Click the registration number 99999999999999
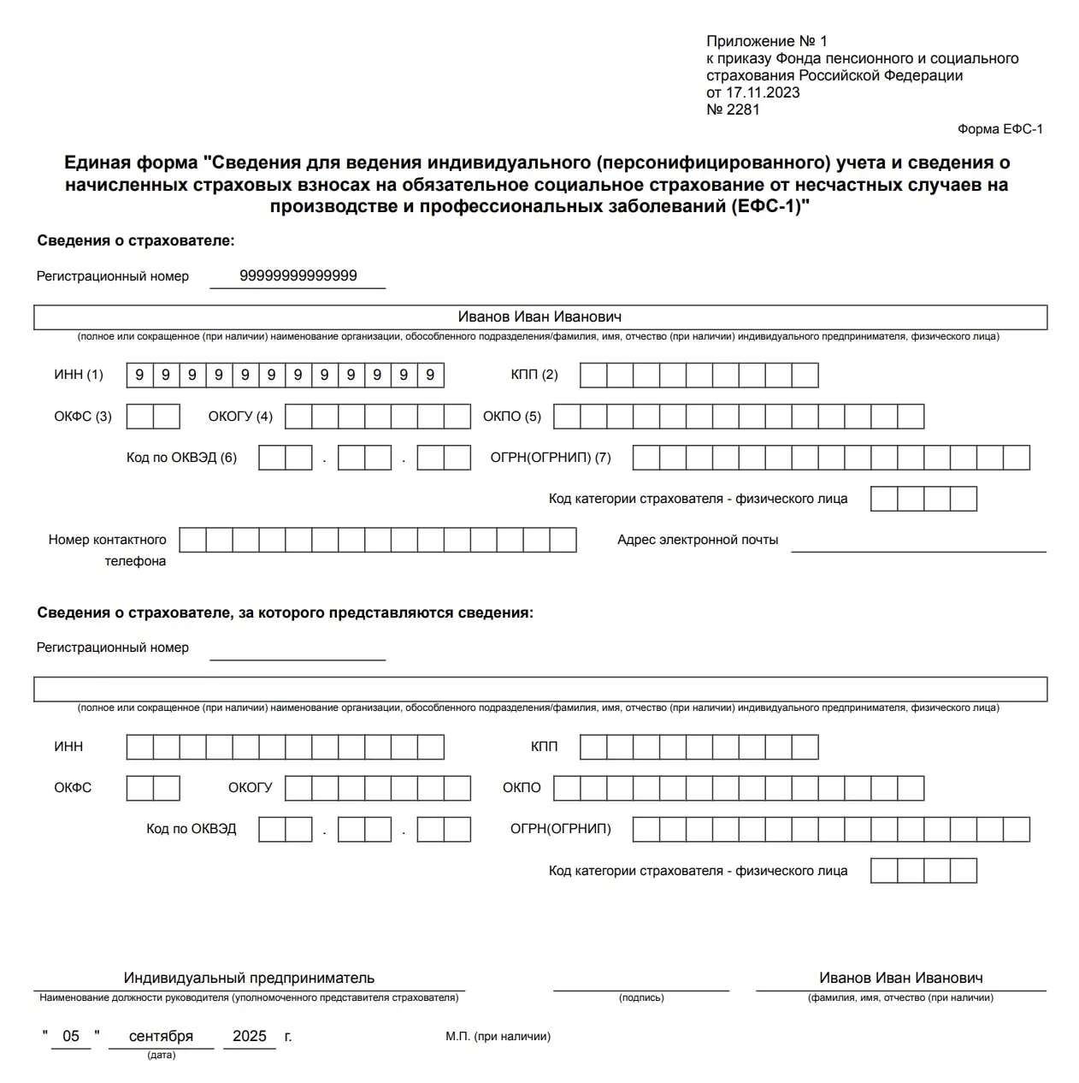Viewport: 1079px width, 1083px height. pyautogui.click(x=298, y=275)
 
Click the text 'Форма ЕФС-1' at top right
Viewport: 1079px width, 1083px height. pyautogui.click(x=999, y=129)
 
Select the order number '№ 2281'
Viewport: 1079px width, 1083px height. pyautogui.click(x=733, y=109)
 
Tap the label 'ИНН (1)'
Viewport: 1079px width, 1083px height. pyautogui.click(x=79, y=375)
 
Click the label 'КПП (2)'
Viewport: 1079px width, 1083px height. pyautogui.click(x=534, y=375)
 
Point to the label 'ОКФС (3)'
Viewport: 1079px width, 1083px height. pyautogui.click(x=83, y=417)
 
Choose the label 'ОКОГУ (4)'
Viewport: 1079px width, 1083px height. pyautogui.click(x=240, y=417)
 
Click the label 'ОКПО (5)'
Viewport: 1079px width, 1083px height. pyautogui.click(x=512, y=417)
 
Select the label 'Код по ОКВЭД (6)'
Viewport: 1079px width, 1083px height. pyautogui.click(x=181, y=458)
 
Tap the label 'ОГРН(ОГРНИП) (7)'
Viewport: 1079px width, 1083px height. pyautogui.click(x=551, y=458)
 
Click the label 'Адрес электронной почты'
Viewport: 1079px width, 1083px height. pyautogui.click(x=698, y=540)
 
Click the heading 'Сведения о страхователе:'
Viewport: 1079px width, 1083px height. pyautogui.click(x=136, y=240)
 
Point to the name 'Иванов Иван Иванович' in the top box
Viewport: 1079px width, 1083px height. pyautogui.click(x=539, y=317)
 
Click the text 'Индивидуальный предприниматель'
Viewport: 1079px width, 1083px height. pyautogui.click(x=249, y=978)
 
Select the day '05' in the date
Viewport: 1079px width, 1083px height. pyautogui.click(x=71, y=1036)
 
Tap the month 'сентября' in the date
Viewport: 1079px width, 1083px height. pyautogui.click(x=161, y=1036)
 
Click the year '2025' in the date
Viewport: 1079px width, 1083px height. pyautogui.click(x=250, y=1036)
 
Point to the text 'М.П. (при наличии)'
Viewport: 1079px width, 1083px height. pyautogui.click(x=498, y=1037)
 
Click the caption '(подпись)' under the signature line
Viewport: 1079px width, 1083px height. pyautogui.click(x=641, y=997)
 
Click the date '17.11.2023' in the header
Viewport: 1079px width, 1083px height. pyautogui.click(x=763, y=92)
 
